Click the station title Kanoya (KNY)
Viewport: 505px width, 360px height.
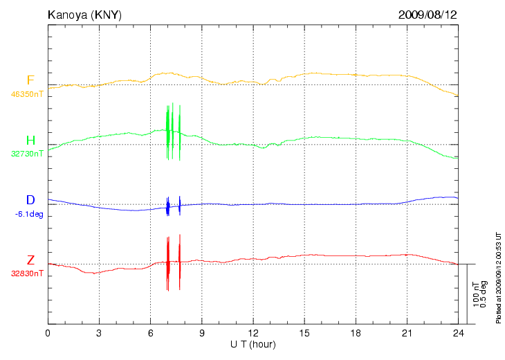[84, 14]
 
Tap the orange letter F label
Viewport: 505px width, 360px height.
[30, 80]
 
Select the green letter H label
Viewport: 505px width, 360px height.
[30, 141]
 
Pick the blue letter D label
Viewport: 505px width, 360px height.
[30, 201]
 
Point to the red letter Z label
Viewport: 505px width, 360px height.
[30, 260]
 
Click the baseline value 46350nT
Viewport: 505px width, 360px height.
[27, 93]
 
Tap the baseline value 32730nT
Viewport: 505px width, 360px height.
[27, 154]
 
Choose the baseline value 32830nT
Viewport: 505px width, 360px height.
[27, 273]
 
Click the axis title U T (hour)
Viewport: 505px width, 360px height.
[253, 344]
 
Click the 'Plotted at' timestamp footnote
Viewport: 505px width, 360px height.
[498, 277]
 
